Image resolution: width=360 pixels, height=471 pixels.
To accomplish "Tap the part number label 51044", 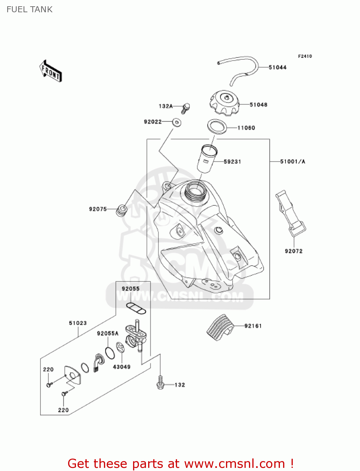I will (277, 67).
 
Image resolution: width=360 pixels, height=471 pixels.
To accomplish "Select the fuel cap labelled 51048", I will (224, 103).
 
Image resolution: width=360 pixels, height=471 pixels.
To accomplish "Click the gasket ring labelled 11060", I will (217, 127).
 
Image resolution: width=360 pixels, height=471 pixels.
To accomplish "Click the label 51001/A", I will (293, 161).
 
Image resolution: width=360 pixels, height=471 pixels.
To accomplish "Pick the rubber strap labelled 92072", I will (290, 213).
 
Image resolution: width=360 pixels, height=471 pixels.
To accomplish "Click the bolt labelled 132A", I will (185, 108).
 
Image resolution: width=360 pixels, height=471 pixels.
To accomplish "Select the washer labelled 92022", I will (177, 122).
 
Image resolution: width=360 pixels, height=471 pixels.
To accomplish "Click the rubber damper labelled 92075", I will (121, 210).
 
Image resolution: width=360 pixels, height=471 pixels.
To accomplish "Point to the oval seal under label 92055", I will (136, 308).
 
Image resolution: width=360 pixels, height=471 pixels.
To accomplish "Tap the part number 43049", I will (121, 367).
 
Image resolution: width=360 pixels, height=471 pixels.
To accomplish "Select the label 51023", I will (78, 323).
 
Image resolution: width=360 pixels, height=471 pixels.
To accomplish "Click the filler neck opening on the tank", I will (195, 190).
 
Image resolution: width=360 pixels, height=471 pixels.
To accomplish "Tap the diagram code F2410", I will (305, 56).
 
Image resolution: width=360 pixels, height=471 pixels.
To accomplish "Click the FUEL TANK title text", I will (30, 9).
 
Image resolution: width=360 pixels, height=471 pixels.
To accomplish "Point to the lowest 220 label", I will (63, 410).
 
